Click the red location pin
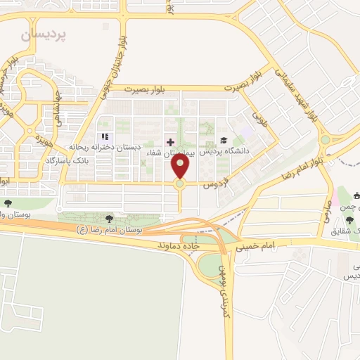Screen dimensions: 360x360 [181, 167]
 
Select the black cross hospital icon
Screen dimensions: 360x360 [169, 141]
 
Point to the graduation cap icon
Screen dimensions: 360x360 [224, 141]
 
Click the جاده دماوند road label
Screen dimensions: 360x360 [181, 247]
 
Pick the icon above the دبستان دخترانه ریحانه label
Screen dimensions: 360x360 [105, 136]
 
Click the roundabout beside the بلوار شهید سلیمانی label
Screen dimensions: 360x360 [325, 139]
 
